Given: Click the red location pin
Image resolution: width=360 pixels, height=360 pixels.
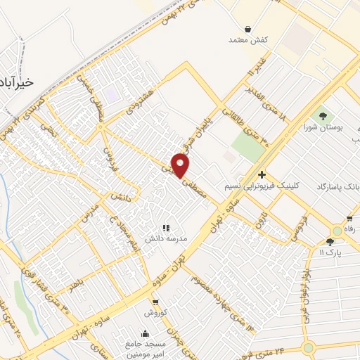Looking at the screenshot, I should [x=181, y=165].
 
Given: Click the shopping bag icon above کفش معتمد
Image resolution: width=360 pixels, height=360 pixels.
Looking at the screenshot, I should [x=248, y=29].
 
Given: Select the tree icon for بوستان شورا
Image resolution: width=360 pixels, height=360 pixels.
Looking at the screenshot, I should [x=323, y=116].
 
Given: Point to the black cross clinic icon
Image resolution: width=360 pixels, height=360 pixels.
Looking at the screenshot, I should [x=262, y=174].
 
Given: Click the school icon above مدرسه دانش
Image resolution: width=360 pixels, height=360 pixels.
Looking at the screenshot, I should [x=167, y=228].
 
